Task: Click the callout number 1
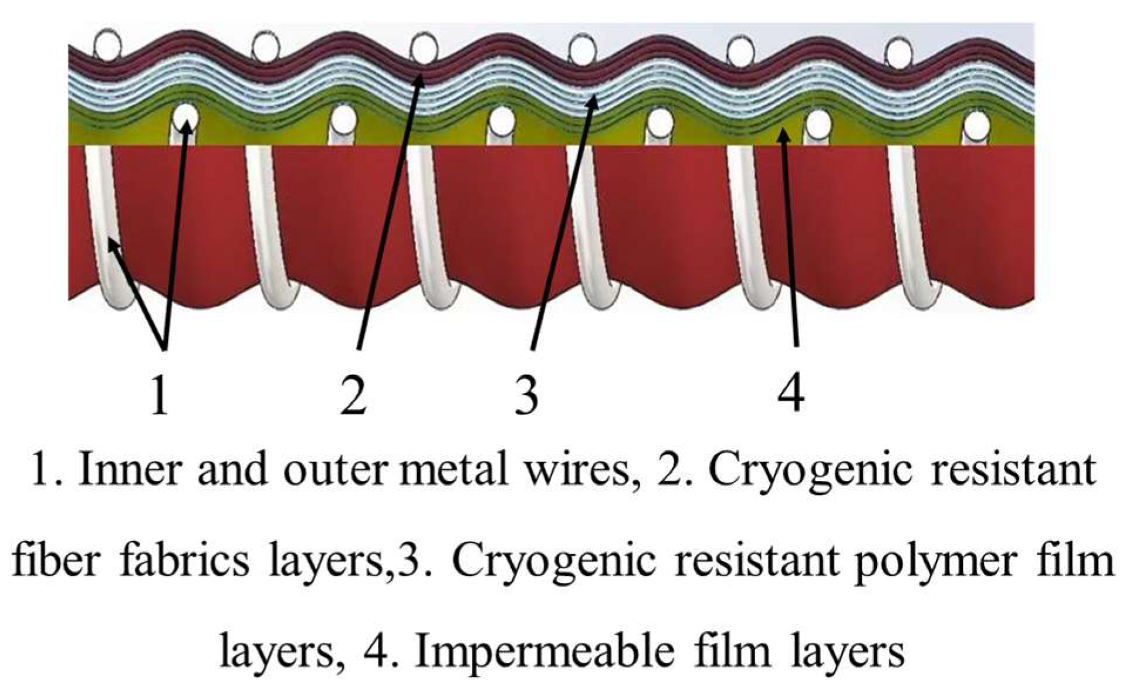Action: [159, 395]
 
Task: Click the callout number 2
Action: [353, 395]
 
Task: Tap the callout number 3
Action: [526, 395]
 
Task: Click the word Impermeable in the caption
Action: [546, 652]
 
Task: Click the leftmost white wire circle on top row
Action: [107, 45]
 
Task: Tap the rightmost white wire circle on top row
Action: [898, 53]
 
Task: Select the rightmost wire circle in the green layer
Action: [976, 124]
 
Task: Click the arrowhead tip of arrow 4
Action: [783, 131]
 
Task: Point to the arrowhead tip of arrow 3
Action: [596, 99]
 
